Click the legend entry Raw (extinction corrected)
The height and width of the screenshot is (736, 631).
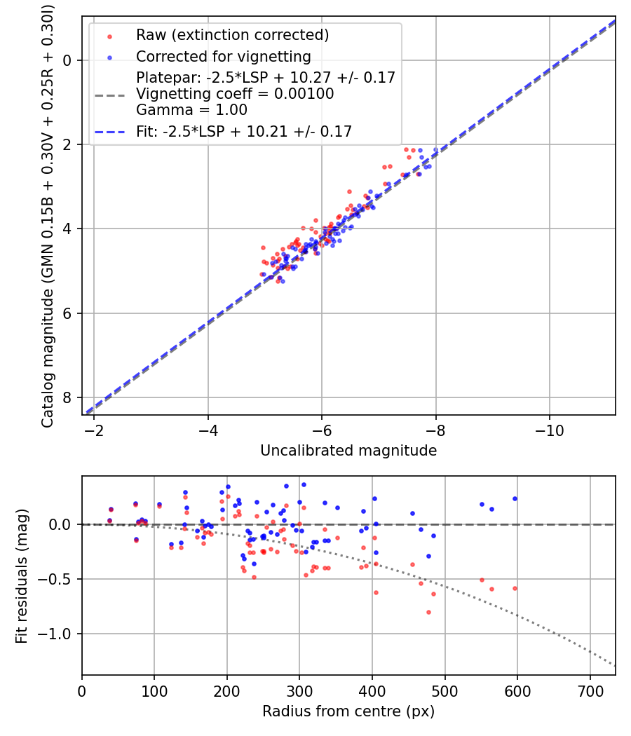232,35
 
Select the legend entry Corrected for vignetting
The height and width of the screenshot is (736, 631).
223,56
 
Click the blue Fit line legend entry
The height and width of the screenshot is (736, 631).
244,131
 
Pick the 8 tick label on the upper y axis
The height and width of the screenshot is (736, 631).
67,398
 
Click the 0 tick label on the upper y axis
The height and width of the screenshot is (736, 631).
67,60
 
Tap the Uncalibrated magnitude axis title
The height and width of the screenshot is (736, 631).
348,451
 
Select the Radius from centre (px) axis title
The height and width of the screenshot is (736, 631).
348,711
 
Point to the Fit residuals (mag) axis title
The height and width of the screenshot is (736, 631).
22,575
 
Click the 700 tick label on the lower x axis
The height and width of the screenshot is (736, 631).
590,692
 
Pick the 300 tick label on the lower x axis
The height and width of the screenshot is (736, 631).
299,692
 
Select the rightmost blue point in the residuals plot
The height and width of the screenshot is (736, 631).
515,498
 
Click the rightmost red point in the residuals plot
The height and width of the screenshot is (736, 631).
515,588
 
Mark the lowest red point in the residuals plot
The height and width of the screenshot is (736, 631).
428,612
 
